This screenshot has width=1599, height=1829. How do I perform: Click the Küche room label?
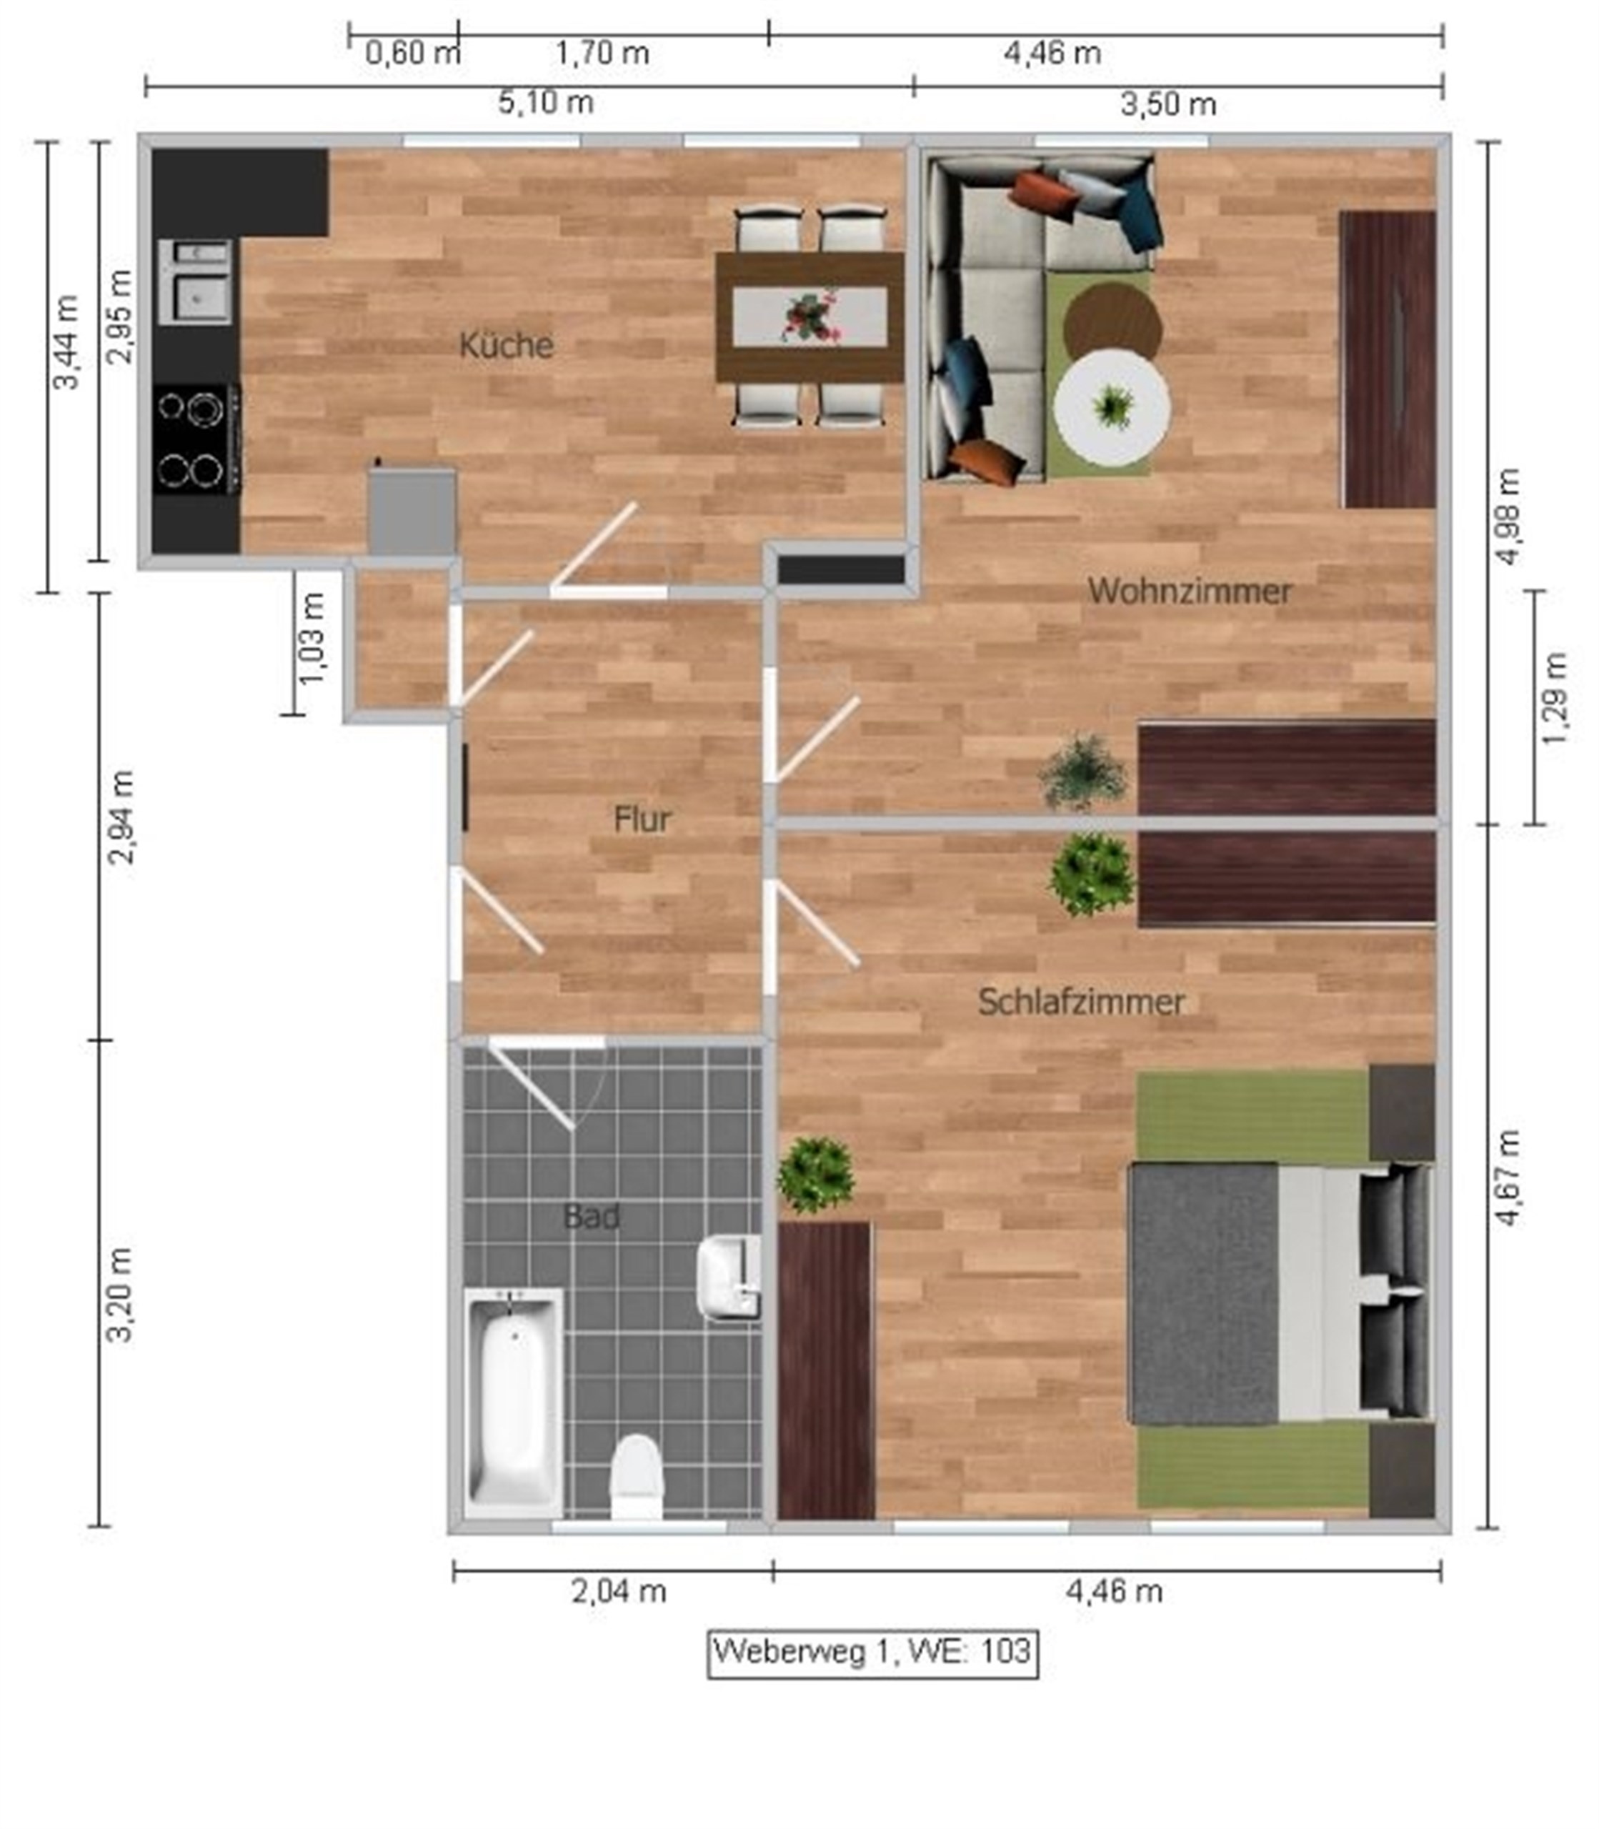coord(506,344)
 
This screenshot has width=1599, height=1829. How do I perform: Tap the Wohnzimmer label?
coord(1190,591)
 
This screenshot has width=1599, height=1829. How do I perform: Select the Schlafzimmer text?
coord(1080,1001)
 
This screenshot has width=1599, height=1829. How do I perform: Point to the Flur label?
coord(642,819)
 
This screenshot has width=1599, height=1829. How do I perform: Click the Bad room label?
coord(592,1216)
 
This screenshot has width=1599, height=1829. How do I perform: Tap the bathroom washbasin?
coord(728,1277)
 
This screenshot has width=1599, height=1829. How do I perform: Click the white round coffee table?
coord(1111,407)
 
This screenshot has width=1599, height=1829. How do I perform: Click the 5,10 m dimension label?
coord(545,103)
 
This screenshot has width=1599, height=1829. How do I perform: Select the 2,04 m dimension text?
coord(618,1591)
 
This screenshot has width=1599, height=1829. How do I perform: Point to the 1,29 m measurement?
coord(1553,699)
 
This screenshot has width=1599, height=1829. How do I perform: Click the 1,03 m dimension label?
coord(312,639)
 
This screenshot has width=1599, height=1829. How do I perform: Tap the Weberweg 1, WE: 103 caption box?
coord(872,1650)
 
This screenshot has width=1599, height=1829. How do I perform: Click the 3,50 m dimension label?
coord(1168,104)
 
